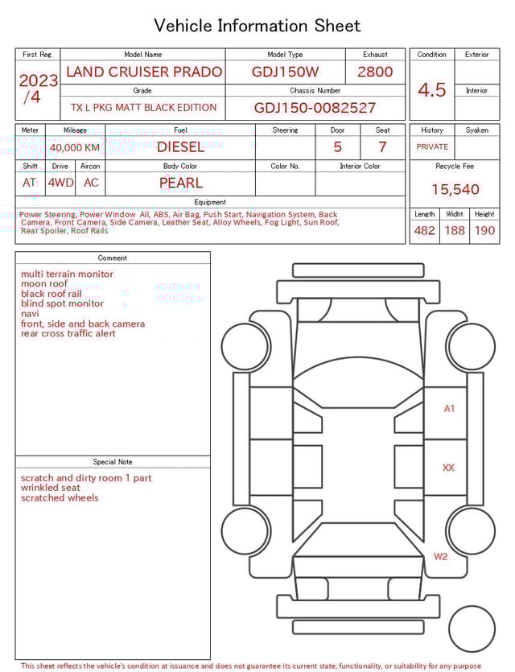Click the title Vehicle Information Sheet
pyautogui.click(x=257, y=26)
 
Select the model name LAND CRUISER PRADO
pyautogui.click(x=144, y=72)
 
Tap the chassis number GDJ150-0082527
pyautogui.click(x=315, y=108)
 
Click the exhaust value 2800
pyautogui.click(x=375, y=72)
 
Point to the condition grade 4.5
pyautogui.click(x=432, y=90)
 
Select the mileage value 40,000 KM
pyautogui.click(x=75, y=148)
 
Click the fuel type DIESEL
pyautogui.click(x=180, y=147)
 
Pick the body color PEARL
pyautogui.click(x=180, y=183)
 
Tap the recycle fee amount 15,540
pyautogui.click(x=455, y=190)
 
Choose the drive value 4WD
pyautogui.click(x=60, y=183)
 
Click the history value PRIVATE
pyautogui.click(x=432, y=147)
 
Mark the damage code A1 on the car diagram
pyautogui.click(x=449, y=409)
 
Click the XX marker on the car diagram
pyautogui.click(x=448, y=468)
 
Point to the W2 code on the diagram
pyautogui.click(x=441, y=556)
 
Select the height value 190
pyautogui.click(x=484, y=230)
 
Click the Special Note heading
pyautogui.click(x=113, y=462)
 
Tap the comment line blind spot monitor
pyautogui.click(x=62, y=303)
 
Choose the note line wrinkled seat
pyautogui.click(x=51, y=488)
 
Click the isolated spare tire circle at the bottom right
pyautogui.click(x=472, y=629)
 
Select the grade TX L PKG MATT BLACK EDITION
pyautogui.click(x=143, y=108)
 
